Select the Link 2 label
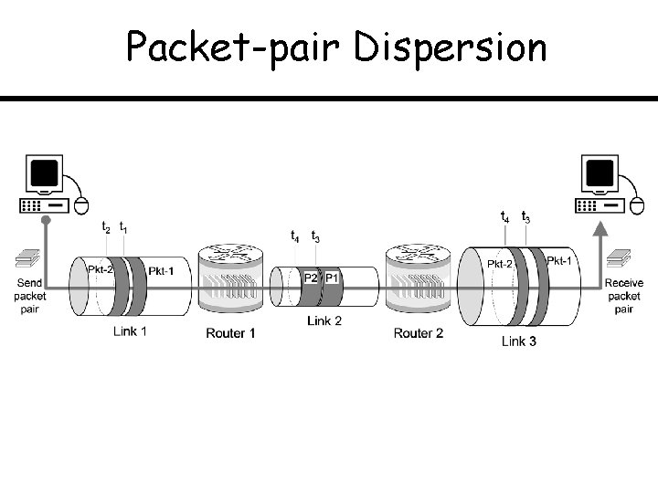[324, 320]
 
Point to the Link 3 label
[519, 341]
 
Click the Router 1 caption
[230, 333]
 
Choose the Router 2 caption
[418, 333]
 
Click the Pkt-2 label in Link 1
[101, 268]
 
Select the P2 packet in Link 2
[311, 278]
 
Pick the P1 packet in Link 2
[332, 278]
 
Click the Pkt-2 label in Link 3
[499, 264]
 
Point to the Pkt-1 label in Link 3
[559, 260]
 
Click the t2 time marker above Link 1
[106, 227]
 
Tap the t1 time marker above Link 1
[123, 227]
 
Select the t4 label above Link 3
[504, 217]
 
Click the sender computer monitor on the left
[44, 173]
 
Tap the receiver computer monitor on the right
[600, 173]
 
